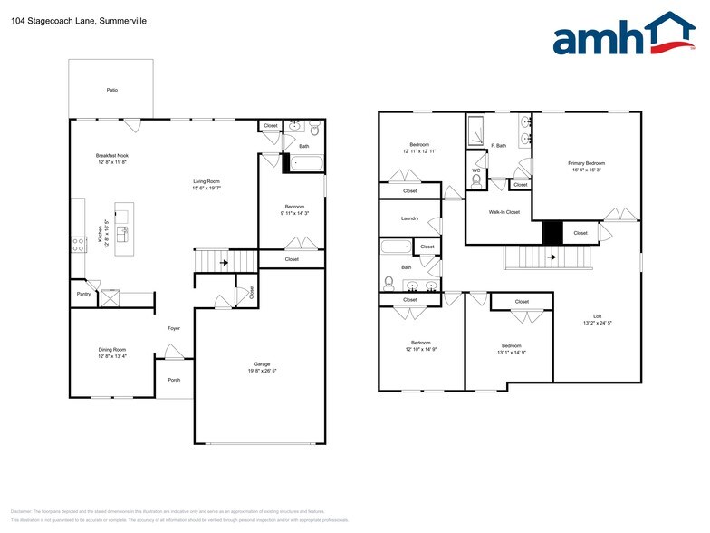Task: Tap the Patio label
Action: tap(111, 91)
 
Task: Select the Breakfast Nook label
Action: tap(111, 156)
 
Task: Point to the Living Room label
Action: tap(207, 181)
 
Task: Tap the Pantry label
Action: tap(83, 295)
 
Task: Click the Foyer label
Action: tap(174, 329)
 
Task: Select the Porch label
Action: tap(174, 380)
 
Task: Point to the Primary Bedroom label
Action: tap(587, 163)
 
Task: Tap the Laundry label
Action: tap(409, 218)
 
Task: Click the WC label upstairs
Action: tap(475, 170)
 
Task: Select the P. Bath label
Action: tap(498, 145)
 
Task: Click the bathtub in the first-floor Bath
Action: tap(304, 165)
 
